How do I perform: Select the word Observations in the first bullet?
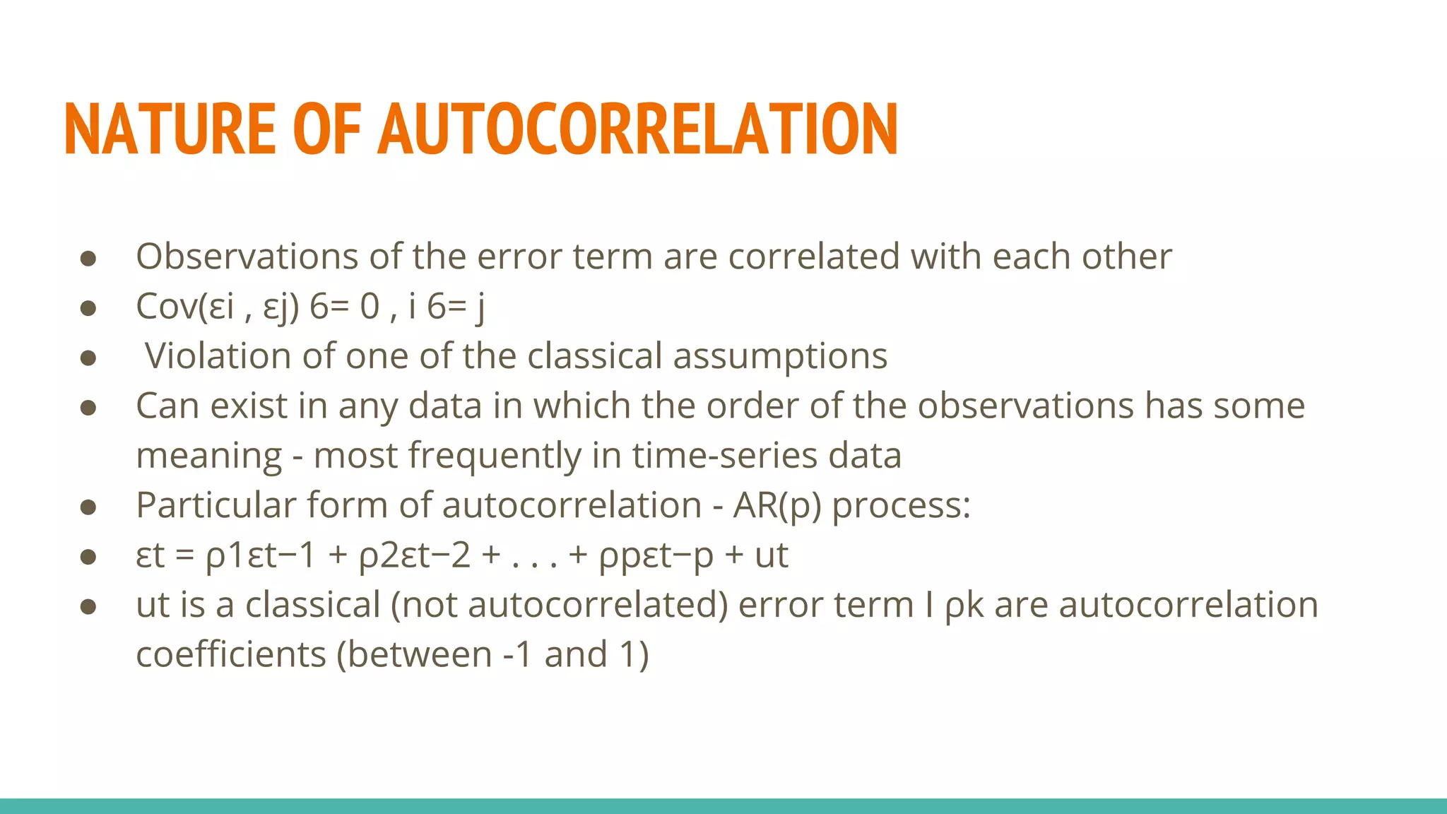click(247, 256)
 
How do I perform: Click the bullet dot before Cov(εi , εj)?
click(88, 308)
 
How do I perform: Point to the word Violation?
click(218, 355)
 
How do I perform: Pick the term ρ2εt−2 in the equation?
click(415, 555)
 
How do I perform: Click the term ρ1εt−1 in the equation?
click(260, 555)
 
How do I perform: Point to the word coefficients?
click(231, 654)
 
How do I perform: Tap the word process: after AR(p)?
click(902, 505)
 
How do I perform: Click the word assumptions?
click(780, 355)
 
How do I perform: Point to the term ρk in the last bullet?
click(964, 606)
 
